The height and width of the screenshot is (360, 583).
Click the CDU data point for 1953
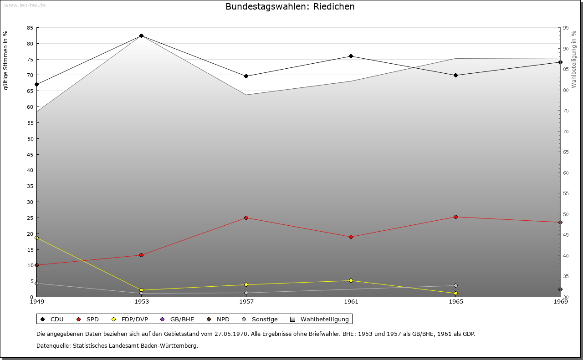tap(141, 35)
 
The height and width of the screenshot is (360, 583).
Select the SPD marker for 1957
tap(246, 218)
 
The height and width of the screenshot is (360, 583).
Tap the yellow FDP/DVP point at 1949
tap(37, 238)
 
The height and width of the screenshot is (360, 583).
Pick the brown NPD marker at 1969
tap(560, 289)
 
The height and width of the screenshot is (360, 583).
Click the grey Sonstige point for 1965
tap(455, 286)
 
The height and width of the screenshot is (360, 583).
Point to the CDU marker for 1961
tap(351, 56)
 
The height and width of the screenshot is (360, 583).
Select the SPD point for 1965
tap(455, 217)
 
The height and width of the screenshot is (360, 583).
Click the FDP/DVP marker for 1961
tap(351, 280)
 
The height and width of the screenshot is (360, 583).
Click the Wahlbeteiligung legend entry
tap(319, 319)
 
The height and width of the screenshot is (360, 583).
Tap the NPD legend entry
tap(218, 319)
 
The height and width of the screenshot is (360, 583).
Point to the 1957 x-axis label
tap(246, 301)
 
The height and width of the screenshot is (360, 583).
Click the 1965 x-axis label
tap(456, 301)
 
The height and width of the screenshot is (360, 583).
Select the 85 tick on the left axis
tap(30, 28)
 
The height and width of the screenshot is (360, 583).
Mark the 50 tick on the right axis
tap(566, 214)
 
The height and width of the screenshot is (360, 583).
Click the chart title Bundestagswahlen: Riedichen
tap(290, 6)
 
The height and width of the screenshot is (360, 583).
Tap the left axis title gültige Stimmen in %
tap(5, 61)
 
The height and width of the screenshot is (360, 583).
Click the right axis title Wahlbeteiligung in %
tap(574, 60)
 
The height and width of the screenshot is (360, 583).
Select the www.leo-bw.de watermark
tap(25, 5)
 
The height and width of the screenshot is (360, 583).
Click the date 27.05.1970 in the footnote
tap(231, 334)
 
